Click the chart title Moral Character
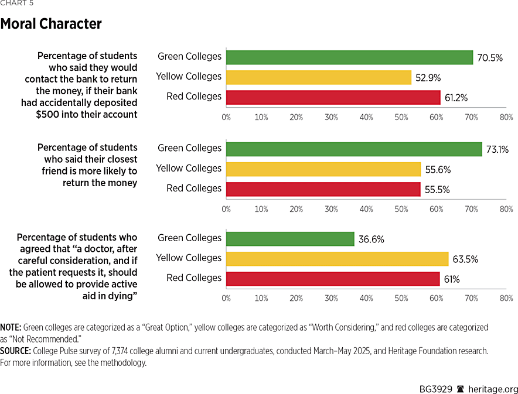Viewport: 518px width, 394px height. (x=51, y=24)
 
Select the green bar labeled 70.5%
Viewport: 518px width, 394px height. (x=349, y=57)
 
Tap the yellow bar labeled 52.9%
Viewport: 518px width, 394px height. (x=319, y=77)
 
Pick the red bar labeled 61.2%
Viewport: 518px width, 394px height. (x=333, y=97)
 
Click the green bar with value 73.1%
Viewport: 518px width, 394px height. (x=354, y=149)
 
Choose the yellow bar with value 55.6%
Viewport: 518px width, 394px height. (x=323, y=169)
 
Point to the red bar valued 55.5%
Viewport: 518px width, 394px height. (x=323, y=189)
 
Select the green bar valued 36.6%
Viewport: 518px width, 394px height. (x=290, y=238)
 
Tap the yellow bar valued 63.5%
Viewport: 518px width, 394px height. (x=337, y=258)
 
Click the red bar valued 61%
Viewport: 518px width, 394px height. (x=333, y=278)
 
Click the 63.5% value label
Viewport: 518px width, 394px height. (x=465, y=259)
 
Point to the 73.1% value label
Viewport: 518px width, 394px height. (x=497, y=149)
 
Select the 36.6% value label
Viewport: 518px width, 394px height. (x=371, y=239)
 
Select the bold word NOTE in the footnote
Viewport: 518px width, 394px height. (x=10, y=327)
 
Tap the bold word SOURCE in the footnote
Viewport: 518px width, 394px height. (x=15, y=351)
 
